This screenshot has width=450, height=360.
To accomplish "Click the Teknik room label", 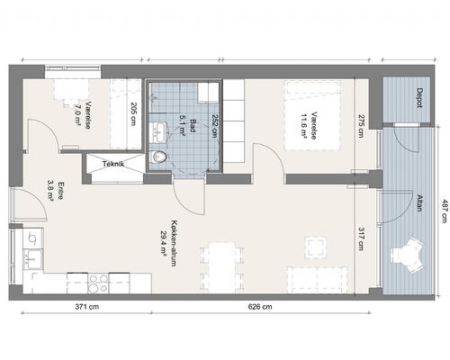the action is point(113,164).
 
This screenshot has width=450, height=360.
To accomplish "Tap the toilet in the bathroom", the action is point(157,157).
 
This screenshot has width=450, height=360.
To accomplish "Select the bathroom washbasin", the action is point(157,132).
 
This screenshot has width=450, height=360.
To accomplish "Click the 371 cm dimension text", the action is point(87,307).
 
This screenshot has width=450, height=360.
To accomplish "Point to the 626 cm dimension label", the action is point(260,307).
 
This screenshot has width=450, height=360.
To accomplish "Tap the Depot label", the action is point(419,98).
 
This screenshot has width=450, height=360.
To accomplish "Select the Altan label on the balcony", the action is point(419,202).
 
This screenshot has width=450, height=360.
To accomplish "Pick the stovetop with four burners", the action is point(98,283).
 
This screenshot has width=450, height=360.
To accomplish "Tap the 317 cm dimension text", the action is point(362,238).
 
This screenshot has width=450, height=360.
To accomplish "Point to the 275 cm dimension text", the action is point(362,126).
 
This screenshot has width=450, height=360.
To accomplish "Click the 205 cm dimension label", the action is point(133,114).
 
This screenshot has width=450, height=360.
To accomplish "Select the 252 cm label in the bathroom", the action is point(215,126).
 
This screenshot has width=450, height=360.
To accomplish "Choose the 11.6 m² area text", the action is point(304,126).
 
